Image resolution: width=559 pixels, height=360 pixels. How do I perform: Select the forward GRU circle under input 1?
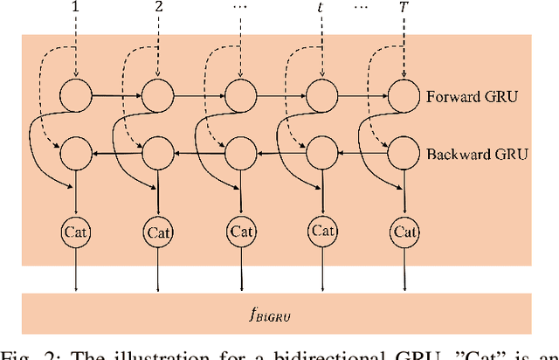(76, 93)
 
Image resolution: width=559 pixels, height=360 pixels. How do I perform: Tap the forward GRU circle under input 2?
(158, 93)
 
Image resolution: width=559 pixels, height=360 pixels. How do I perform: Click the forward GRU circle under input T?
(404, 93)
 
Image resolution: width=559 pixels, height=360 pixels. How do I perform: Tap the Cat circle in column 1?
(76, 232)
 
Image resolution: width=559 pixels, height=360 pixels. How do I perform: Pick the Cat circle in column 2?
(158, 232)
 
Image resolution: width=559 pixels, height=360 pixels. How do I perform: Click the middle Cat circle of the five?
(241, 232)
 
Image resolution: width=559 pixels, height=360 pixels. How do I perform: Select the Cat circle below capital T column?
(404, 232)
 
